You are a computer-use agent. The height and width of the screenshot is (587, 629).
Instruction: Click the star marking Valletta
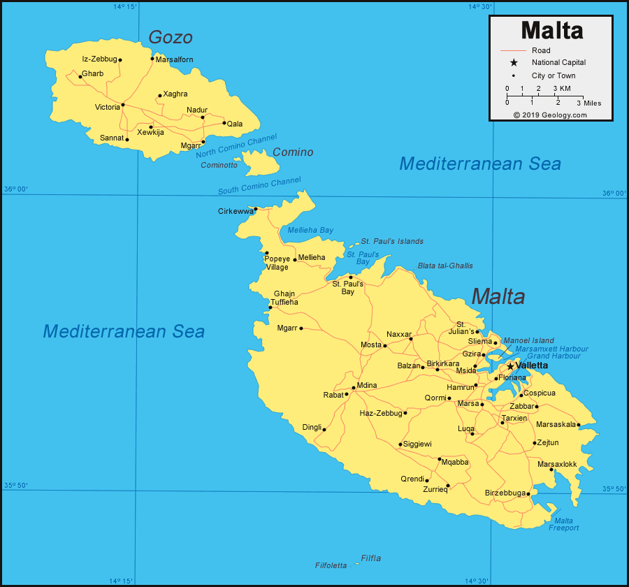[x=510, y=366]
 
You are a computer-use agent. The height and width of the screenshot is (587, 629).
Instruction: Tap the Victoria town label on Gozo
[x=108, y=107]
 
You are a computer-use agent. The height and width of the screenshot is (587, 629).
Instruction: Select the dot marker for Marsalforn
[x=152, y=59]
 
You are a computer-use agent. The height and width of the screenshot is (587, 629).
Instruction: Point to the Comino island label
[x=293, y=152]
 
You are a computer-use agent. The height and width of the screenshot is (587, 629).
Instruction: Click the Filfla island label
[x=371, y=558]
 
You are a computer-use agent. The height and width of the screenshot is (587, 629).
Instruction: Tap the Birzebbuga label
[x=505, y=493]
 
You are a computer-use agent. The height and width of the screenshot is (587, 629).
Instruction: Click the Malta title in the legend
[x=551, y=31]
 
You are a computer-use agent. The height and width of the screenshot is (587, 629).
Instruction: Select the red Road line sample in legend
[x=513, y=50]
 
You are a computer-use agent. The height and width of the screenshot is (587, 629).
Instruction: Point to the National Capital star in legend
[x=513, y=63]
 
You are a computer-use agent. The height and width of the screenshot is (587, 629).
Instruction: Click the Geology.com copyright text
[x=550, y=115]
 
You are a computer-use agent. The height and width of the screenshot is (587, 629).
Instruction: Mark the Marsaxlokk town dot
[x=551, y=470]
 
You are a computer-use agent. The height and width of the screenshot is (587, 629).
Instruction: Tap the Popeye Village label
[x=276, y=263]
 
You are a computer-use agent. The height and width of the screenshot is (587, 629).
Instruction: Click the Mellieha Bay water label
[x=310, y=230]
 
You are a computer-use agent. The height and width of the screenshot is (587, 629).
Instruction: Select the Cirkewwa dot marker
[x=256, y=209]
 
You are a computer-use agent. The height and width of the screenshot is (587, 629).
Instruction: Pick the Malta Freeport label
[x=563, y=524]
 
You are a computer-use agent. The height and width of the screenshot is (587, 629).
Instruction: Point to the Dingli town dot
[x=324, y=430]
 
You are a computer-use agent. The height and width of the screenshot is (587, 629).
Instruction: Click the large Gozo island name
[x=170, y=37]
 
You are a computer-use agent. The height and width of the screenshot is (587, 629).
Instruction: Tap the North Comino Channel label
[x=236, y=145]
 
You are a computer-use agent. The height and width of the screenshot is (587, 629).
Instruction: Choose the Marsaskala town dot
[x=579, y=425]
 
